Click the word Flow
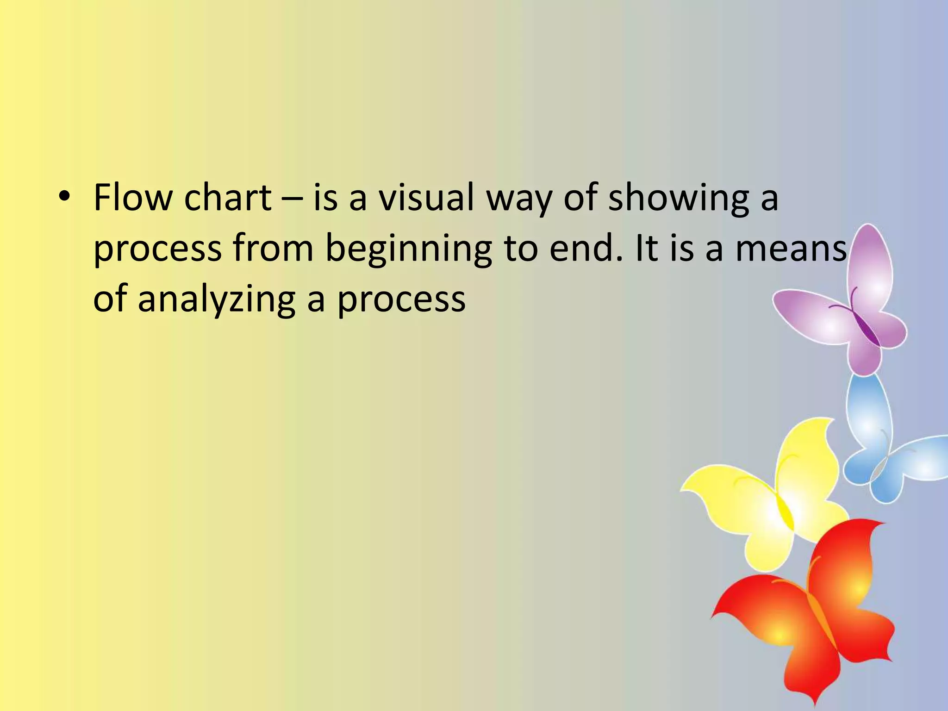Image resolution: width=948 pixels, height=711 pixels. [x=132, y=198]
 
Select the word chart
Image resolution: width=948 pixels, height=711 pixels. [x=227, y=198]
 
